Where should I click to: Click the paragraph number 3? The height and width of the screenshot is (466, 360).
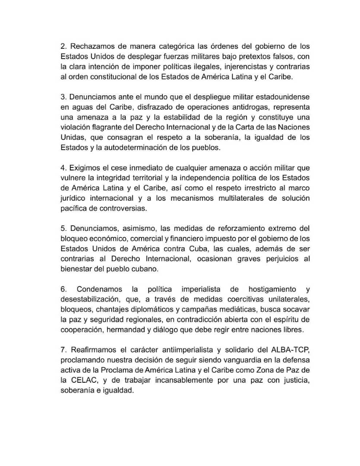click(63, 97)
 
